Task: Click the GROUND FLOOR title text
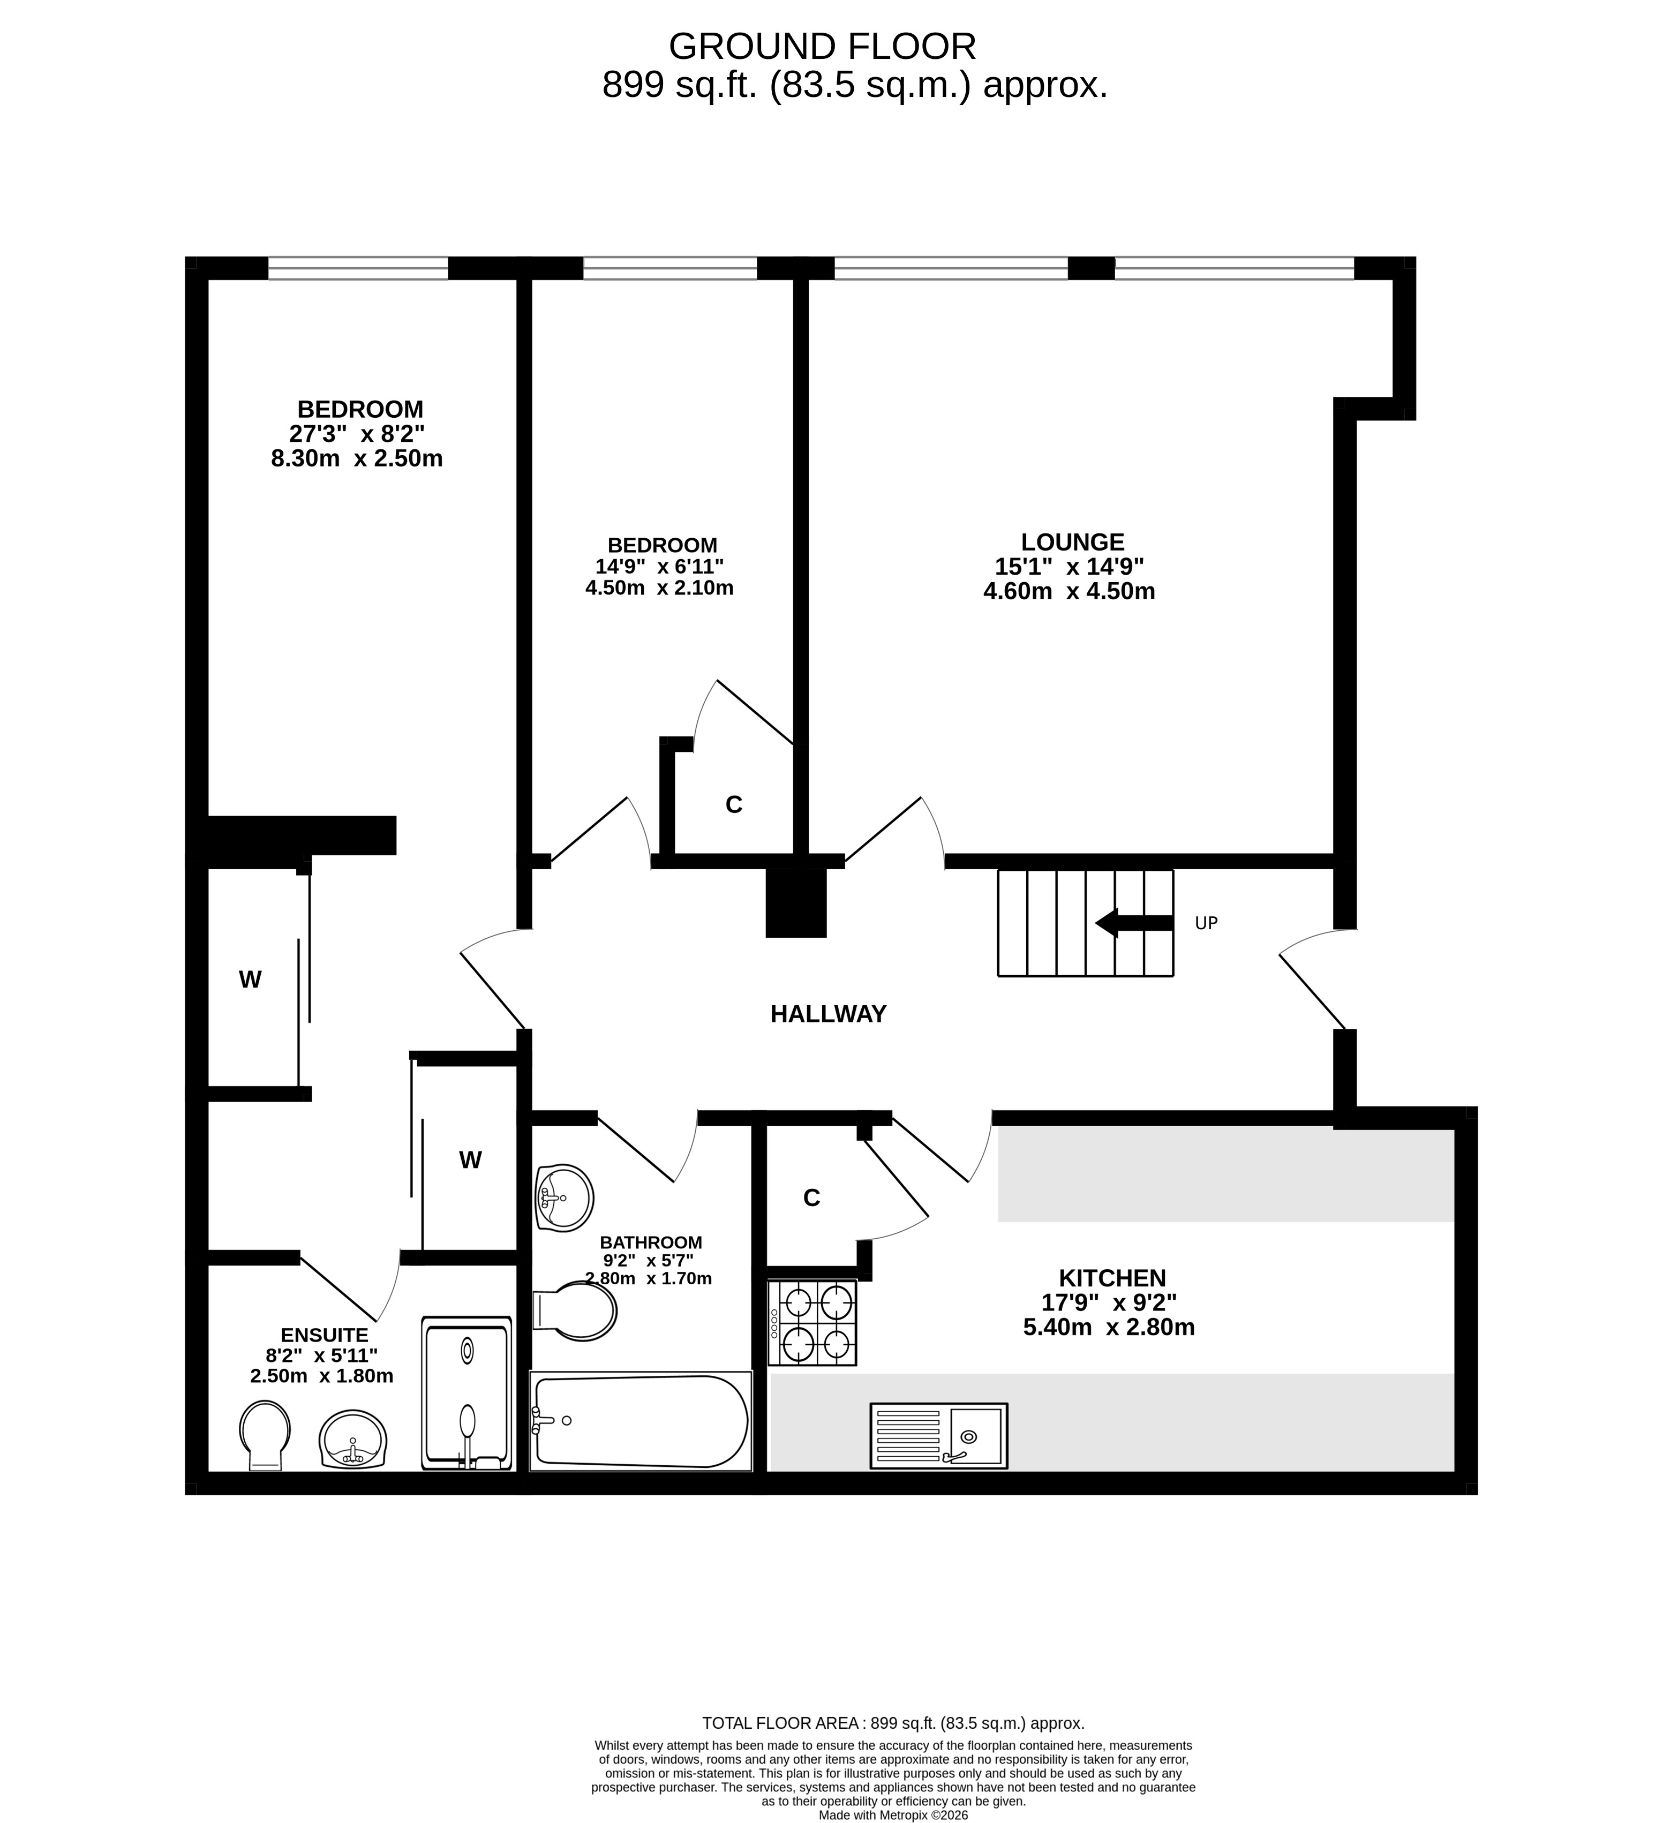coord(822,46)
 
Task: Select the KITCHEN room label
coord(1112,1278)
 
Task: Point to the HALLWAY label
coord(829,1014)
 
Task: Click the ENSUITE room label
coord(325,1335)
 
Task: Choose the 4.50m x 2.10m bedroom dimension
coord(659,588)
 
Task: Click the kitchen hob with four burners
coord(812,1323)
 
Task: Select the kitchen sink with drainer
coord(939,1435)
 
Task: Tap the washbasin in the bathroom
coord(565,1197)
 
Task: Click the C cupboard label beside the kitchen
coord(811,1198)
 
